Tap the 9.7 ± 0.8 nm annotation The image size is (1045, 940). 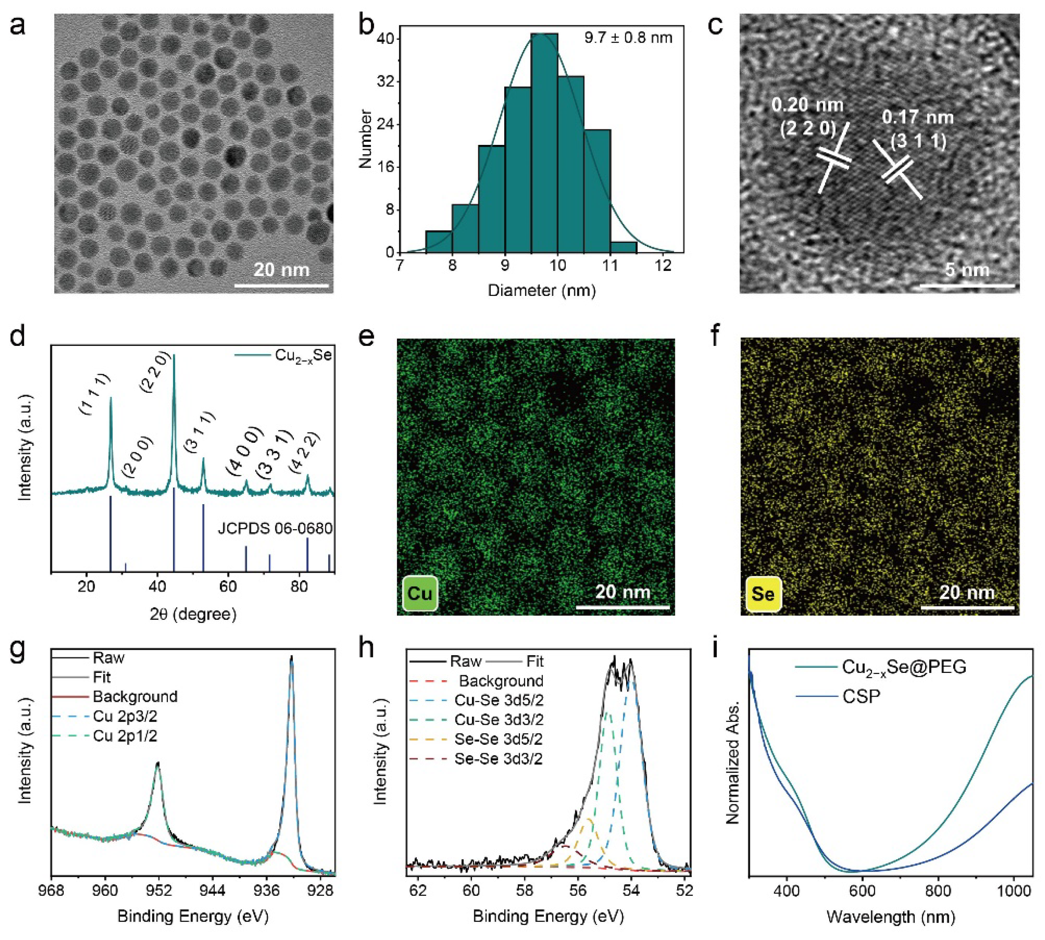coord(628,38)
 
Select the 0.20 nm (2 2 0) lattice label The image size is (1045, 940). coord(807,116)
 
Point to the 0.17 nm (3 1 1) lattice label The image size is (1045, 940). coord(917,129)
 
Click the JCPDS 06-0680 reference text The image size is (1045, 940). coord(275,528)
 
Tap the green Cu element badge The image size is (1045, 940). coord(419,593)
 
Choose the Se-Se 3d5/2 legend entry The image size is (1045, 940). coord(498,739)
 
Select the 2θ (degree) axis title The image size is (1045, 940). coord(193,614)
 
